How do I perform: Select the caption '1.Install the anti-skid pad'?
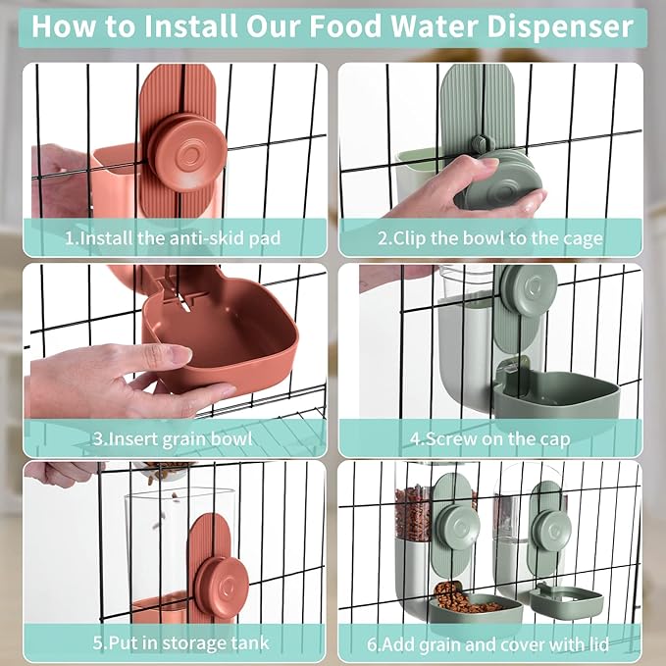(173, 237)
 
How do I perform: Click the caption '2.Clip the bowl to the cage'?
(490, 237)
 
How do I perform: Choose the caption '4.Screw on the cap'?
(490, 438)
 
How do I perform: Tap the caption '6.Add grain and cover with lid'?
(490, 643)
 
